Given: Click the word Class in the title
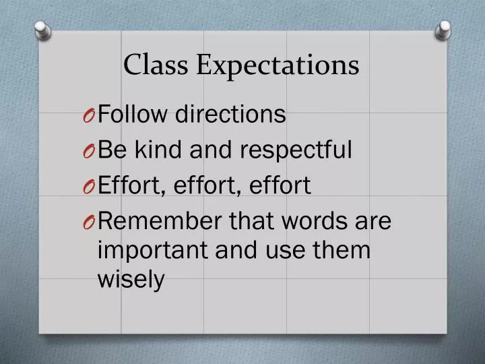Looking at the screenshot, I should point(158,65).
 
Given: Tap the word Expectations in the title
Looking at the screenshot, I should point(278,66).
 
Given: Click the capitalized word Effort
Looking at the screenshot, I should point(129,185).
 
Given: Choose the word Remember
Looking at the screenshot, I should point(164,220).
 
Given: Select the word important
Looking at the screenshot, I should point(153,251).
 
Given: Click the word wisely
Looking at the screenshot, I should point(131,280).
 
